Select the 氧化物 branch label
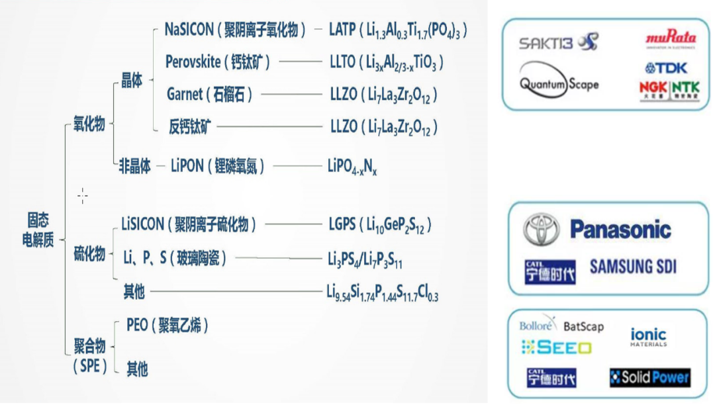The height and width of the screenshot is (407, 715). click(89, 124)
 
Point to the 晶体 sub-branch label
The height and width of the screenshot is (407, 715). click(132, 83)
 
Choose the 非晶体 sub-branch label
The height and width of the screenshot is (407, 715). click(134, 165)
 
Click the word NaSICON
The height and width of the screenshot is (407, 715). click(189, 30)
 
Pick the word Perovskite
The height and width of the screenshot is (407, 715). click(193, 62)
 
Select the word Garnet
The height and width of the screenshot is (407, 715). click(185, 95)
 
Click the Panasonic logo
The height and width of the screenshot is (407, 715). click(620, 230)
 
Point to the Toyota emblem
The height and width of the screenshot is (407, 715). click(541, 230)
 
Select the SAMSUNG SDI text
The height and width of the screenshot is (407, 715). click(633, 267)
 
